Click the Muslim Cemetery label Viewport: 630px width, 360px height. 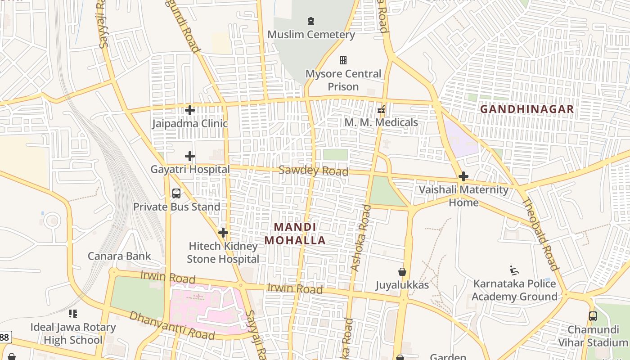311,35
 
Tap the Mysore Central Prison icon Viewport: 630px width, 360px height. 343,60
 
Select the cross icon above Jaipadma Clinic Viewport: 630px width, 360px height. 190,110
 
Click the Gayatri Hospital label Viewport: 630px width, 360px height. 190,170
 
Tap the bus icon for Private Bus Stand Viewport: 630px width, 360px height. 176,193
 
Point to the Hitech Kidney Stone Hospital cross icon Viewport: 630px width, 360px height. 223,233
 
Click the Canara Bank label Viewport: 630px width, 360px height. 119,256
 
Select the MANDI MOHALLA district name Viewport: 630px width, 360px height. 295,234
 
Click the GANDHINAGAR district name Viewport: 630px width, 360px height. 527,109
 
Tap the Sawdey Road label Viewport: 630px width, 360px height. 314,171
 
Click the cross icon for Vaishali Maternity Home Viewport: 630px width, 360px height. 463,176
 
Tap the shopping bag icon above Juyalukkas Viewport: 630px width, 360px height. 402,272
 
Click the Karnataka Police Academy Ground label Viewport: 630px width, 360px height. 514,290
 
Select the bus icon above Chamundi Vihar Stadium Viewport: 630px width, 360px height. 593,316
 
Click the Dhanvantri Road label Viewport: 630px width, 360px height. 172,325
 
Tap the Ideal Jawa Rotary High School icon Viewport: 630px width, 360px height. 73,314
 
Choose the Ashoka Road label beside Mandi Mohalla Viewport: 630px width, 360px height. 361,238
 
